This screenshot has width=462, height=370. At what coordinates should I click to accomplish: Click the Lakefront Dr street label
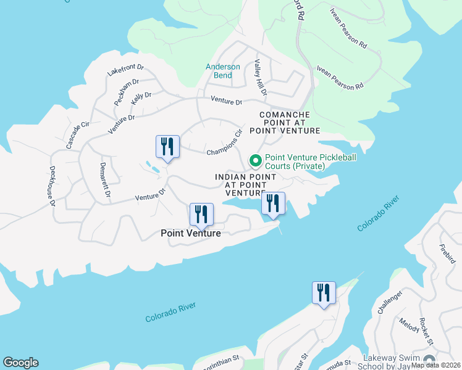pyautogui.click(x=125, y=70)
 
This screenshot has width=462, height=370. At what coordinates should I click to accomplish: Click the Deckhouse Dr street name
pyautogui.click(x=53, y=185)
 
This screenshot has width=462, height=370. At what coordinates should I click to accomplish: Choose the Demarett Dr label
pyautogui.click(x=104, y=179)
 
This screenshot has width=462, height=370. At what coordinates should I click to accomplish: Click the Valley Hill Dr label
pyautogui.click(x=259, y=78)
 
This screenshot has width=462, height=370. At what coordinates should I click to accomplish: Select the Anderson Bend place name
pyautogui.click(x=223, y=71)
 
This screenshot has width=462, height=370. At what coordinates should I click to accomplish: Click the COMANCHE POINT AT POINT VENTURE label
pyautogui.click(x=285, y=123)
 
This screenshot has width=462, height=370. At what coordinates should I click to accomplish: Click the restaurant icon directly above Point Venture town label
pyautogui.click(x=201, y=214)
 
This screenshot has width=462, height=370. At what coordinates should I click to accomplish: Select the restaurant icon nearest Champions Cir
pyautogui.click(x=167, y=146)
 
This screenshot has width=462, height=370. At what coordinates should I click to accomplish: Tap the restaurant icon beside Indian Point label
pyautogui.click(x=273, y=203)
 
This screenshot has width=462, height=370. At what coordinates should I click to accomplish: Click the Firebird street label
pyautogui.click(x=447, y=252)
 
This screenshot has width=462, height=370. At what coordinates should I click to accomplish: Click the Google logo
pyautogui.click(x=20, y=363)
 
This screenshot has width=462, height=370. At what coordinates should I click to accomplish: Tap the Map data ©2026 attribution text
pyautogui.click(x=435, y=365)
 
